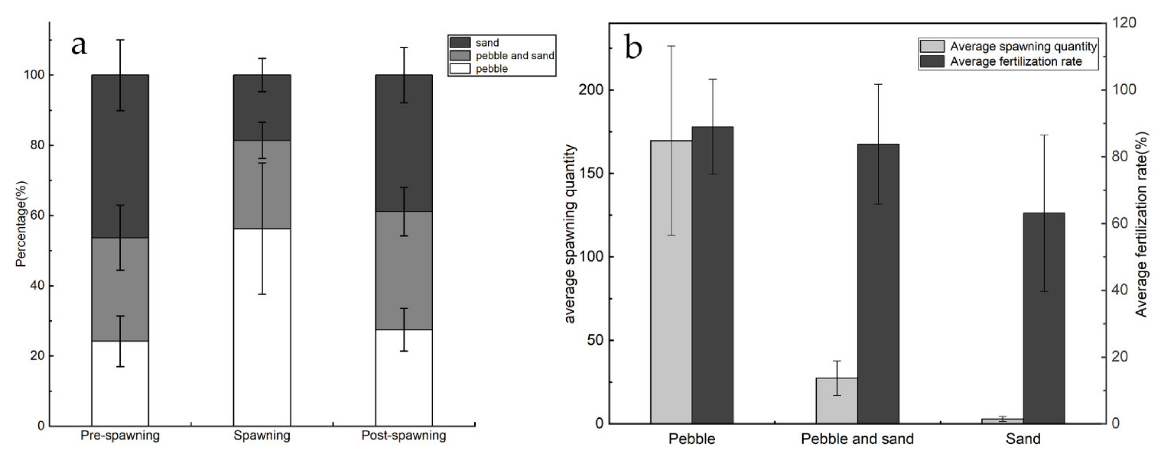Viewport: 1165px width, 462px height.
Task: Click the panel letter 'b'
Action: click(x=633, y=47)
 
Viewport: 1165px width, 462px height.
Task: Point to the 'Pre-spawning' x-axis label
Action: click(x=120, y=436)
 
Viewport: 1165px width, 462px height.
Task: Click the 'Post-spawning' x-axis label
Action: click(x=403, y=436)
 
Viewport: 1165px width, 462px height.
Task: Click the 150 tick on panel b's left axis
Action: click(x=590, y=174)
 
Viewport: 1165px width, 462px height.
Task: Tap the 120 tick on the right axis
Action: click(x=1123, y=23)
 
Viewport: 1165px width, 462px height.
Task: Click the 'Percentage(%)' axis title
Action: click(x=21, y=224)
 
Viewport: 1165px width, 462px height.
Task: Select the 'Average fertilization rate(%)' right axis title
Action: click(x=1142, y=224)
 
